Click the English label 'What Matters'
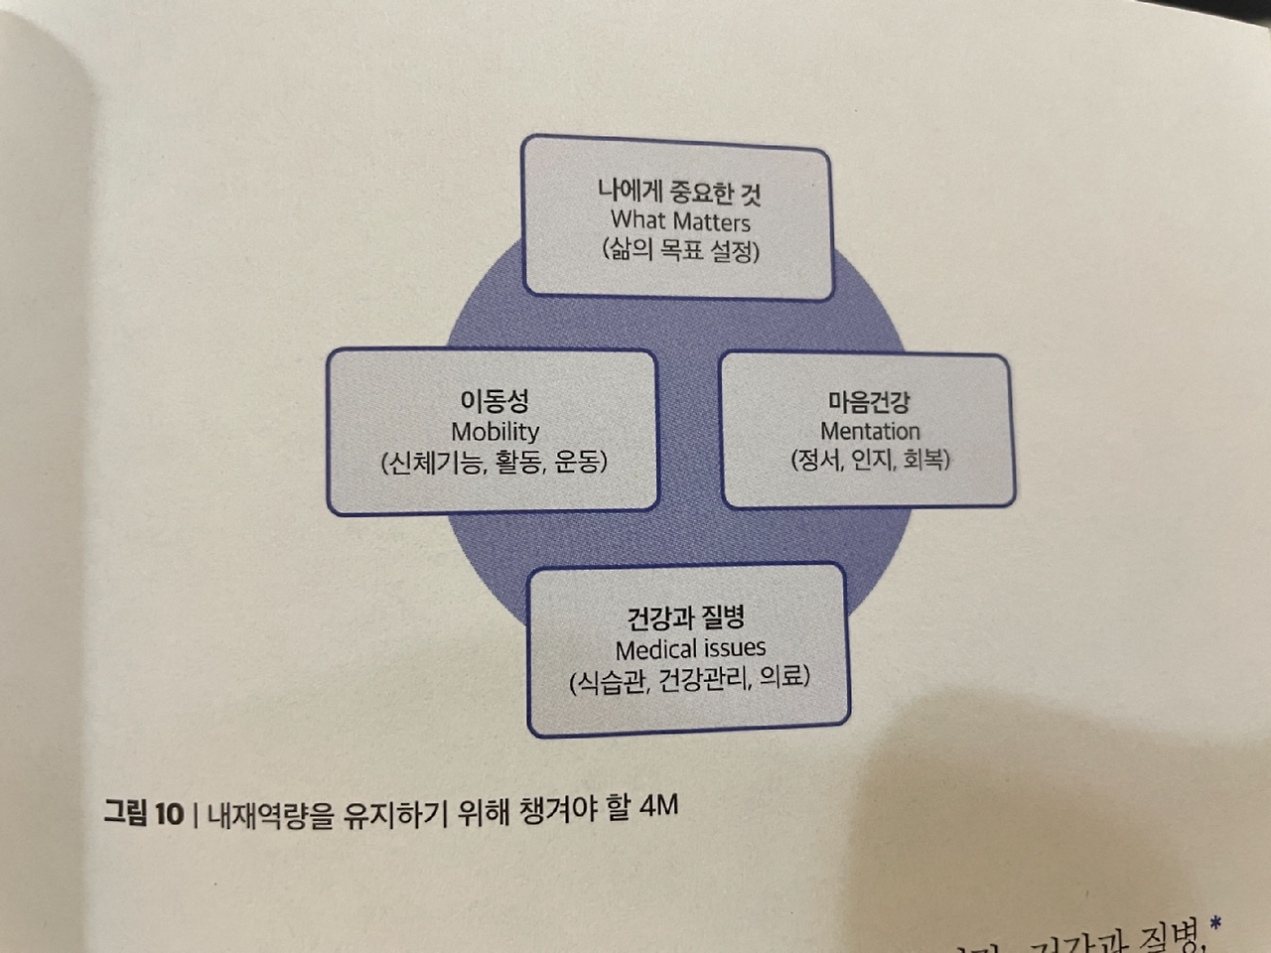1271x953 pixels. [680, 220]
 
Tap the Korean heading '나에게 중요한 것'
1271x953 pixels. [679, 191]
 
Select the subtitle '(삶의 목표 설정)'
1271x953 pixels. [680, 249]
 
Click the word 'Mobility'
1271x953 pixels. [494, 432]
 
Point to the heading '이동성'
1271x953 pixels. [494, 401]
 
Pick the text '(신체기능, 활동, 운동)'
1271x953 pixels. [494, 462]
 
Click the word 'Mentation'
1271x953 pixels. [870, 431]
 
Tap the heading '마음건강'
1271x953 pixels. [869, 402]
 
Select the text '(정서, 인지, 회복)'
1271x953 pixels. [870, 460]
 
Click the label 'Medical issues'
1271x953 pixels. [690, 649]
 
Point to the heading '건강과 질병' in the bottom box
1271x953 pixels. [686, 618]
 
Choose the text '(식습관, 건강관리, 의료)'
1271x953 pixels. [689, 680]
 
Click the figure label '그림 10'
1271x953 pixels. [144, 814]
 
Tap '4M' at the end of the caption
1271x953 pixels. [658, 805]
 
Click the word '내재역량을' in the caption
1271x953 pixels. [270, 814]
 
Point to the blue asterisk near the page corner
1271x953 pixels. [1215, 926]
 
